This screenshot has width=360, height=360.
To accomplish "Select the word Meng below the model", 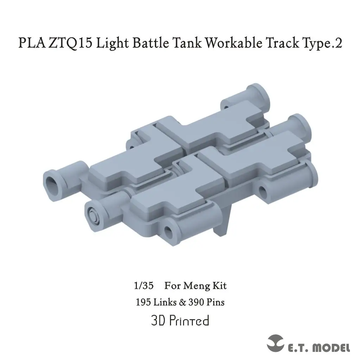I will click(x=196, y=285).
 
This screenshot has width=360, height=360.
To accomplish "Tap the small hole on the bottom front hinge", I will click(x=170, y=231).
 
